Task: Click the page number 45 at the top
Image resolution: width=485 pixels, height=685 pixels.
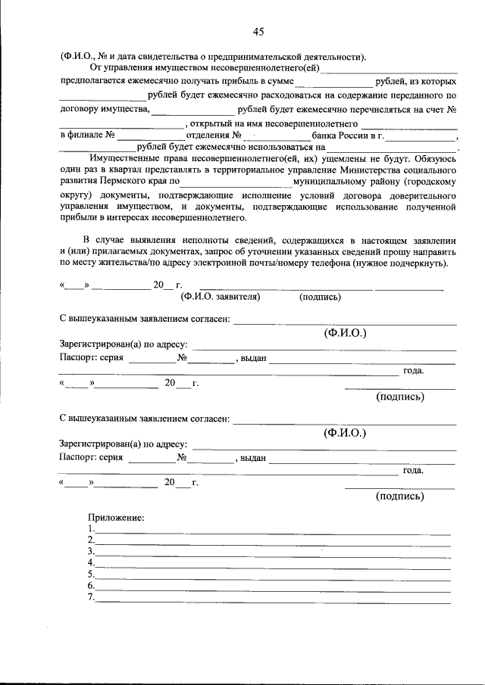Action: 258,31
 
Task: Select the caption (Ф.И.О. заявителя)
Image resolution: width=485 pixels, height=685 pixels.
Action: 221,297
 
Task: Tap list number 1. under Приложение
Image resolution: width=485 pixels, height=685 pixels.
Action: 91,528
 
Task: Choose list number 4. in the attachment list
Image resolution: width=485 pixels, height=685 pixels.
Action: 91,562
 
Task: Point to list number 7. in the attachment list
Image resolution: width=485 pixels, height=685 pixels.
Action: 91,597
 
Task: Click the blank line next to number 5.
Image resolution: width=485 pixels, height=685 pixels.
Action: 273,577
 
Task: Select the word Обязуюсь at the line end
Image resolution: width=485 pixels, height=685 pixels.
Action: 435,159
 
